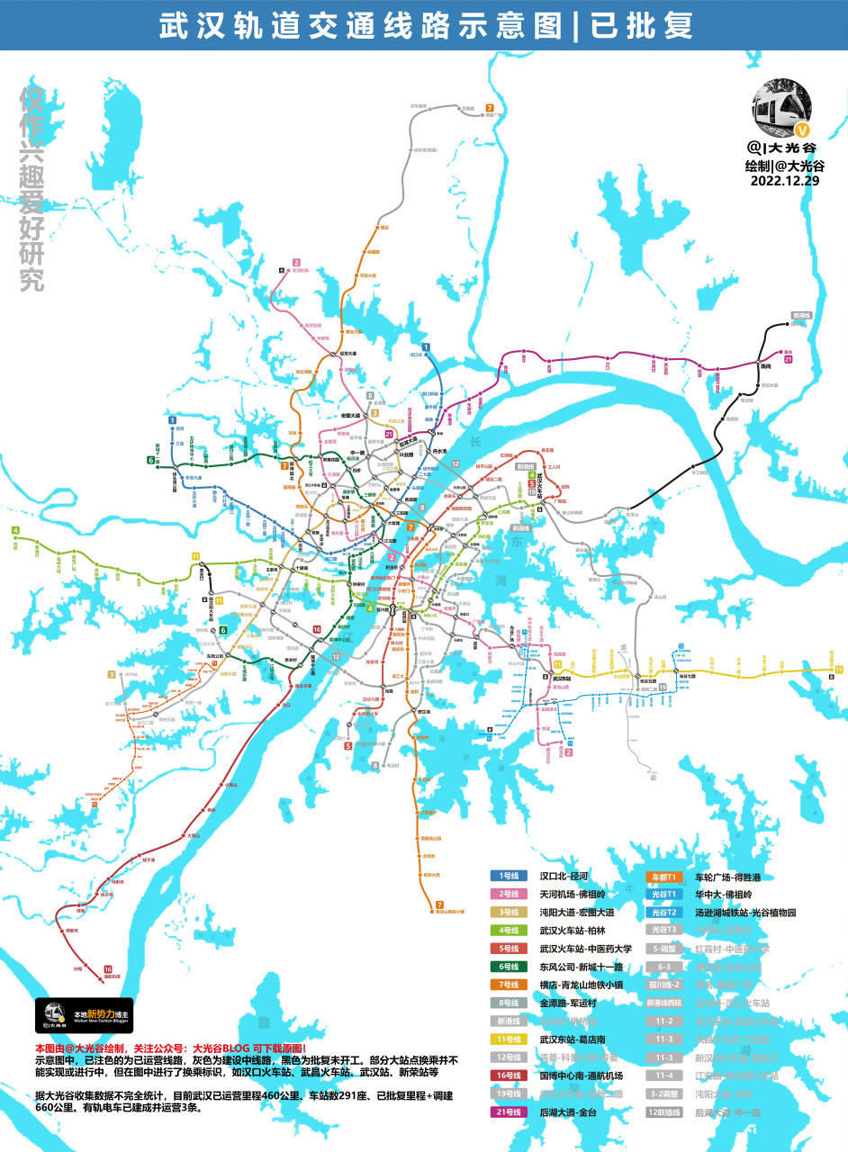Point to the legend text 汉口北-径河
pyautogui.click(x=564, y=876)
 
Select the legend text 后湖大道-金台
pyautogui.click(x=568, y=1111)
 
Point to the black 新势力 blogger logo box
pyautogui.click(x=84, y=1014)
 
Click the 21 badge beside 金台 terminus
pyautogui.click(x=789, y=360)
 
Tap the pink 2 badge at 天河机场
pyautogui.click(x=294, y=263)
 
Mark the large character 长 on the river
pyautogui.click(x=476, y=443)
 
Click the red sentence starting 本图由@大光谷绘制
pyautogui.click(x=171, y=1048)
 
